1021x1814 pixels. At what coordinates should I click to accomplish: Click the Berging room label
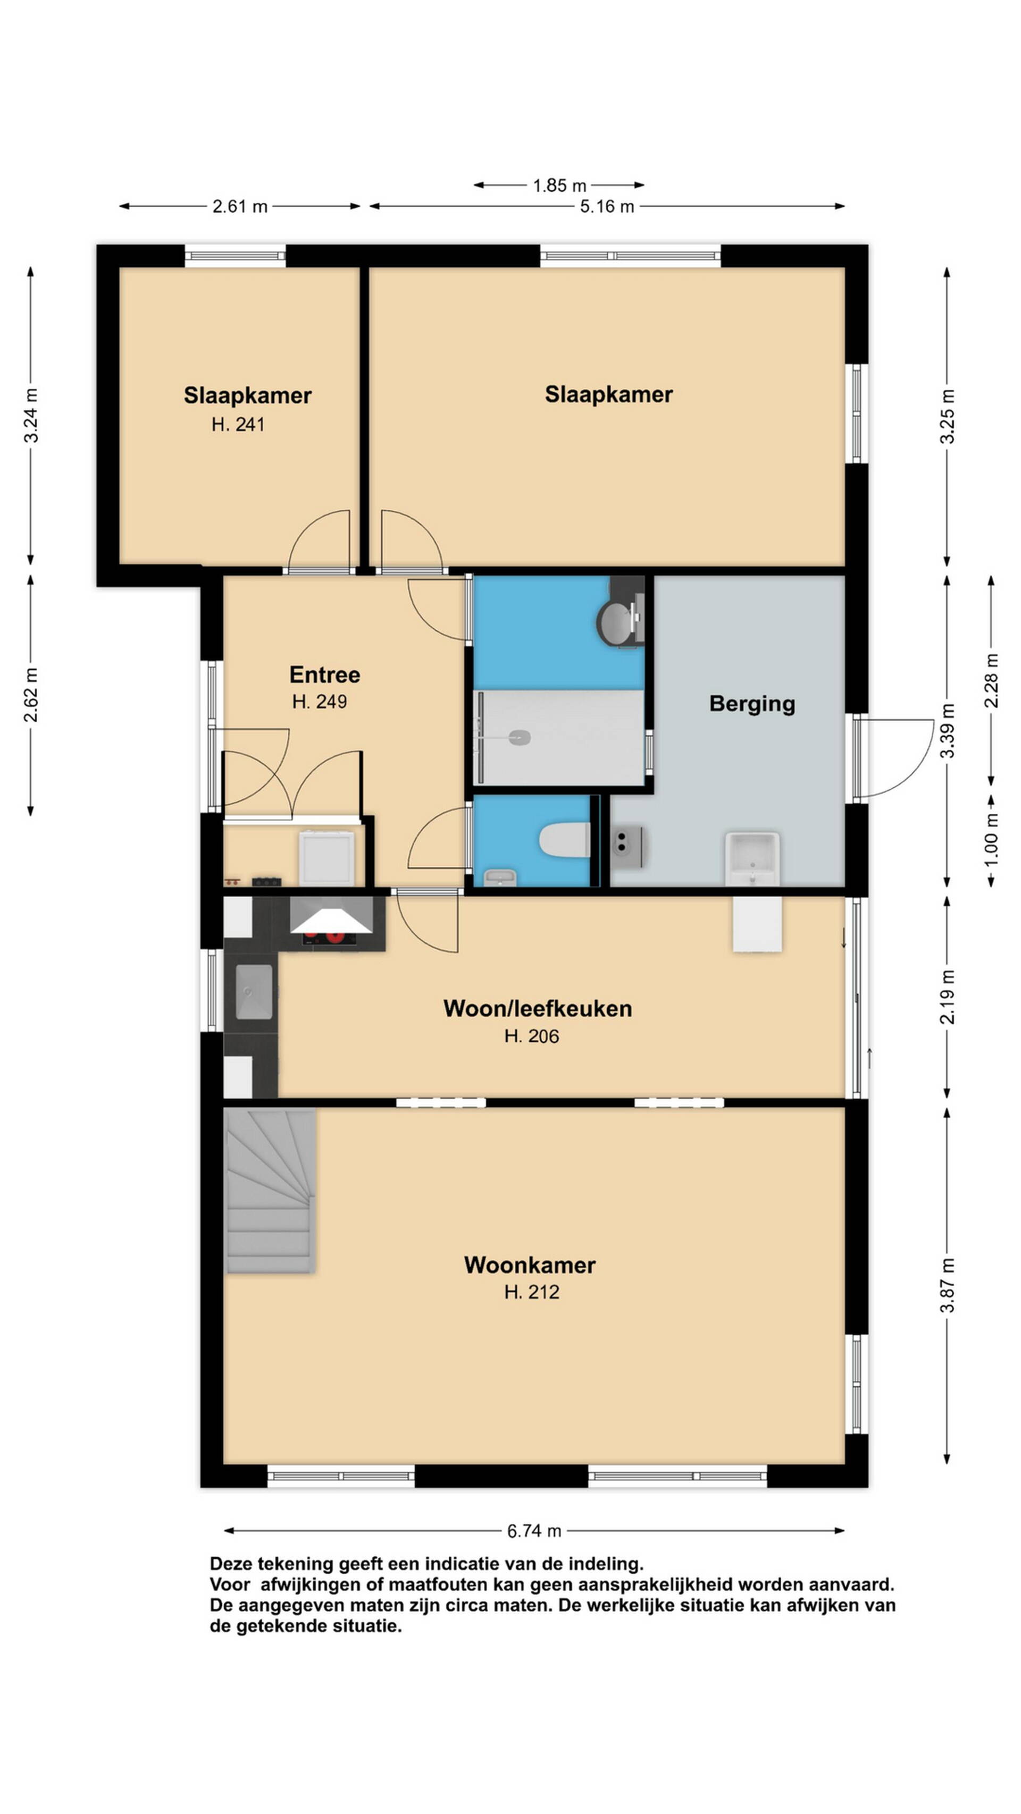pyautogui.click(x=752, y=704)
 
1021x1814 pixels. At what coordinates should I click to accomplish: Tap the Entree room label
pyautogui.click(x=325, y=674)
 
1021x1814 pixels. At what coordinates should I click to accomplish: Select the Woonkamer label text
pyautogui.click(x=530, y=1265)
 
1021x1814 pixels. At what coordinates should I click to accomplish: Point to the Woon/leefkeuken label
pyautogui.click(x=538, y=1008)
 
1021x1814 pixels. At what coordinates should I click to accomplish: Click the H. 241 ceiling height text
pyautogui.click(x=238, y=424)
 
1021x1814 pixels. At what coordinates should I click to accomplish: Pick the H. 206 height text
pyautogui.click(x=532, y=1036)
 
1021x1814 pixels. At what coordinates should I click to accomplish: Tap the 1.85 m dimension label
pyautogui.click(x=559, y=185)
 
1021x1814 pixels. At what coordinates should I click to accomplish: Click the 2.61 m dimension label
pyautogui.click(x=240, y=206)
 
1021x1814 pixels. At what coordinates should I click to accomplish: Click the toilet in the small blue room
pyautogui.click(x=564, y=841)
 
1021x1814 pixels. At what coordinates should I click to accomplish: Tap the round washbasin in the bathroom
pyautogui.click(x=618, y=620)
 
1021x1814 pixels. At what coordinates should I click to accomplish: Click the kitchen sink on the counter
pyautogui.click(x=254, y=991)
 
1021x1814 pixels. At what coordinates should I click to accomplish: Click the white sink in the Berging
pyautogui.click(x=752, y=858)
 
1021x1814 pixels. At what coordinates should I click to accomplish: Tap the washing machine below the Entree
pyautogui.click(x=326, y=858)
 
